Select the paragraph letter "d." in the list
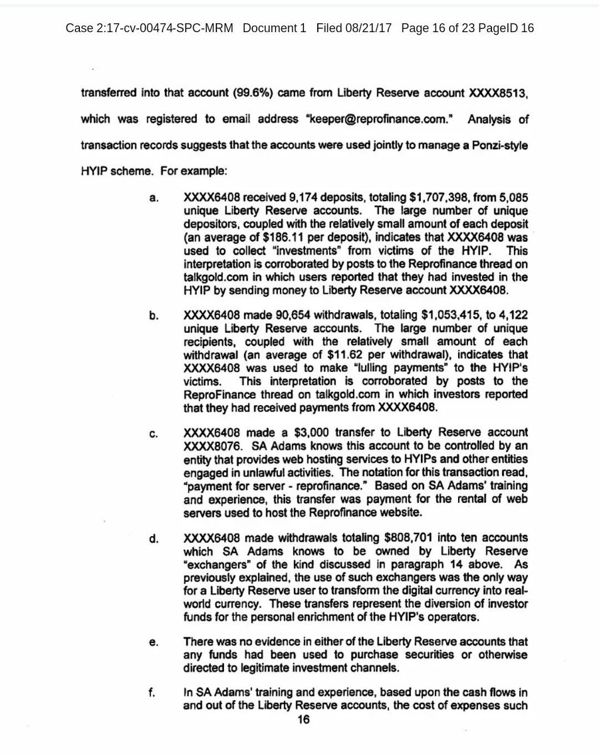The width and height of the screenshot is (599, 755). (153, 539)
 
